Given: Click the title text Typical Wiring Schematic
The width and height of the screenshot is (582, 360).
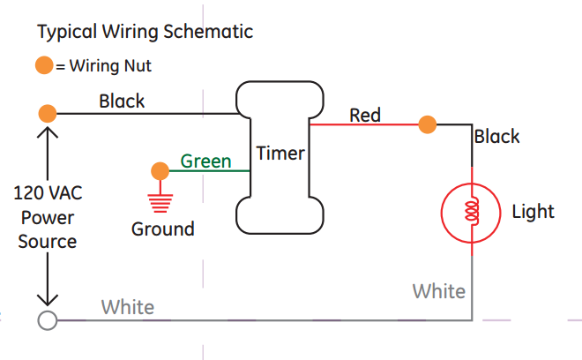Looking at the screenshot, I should pos(145,33).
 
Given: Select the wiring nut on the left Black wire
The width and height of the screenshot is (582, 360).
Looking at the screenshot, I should pos(48,113).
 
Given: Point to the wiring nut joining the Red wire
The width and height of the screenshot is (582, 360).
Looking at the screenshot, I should pos(428,124).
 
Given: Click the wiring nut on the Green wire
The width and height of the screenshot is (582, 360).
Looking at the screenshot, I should pos(160,170).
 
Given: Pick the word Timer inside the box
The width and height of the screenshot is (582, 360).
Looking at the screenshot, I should pos(280,154).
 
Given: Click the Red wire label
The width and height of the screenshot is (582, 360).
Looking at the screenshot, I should pos(365,115).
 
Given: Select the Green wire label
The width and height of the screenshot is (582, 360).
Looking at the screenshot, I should pos(205,161).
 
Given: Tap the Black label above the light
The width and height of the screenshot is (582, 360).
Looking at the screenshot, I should pos(496,137).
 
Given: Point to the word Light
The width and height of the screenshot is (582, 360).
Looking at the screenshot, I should pos(533,212).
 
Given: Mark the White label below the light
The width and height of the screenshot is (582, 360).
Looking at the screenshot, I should pos(438,290).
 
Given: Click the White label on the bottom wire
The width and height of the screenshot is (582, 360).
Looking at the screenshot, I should pos(127,307).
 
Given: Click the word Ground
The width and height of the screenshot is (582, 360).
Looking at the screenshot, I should pos(162,229).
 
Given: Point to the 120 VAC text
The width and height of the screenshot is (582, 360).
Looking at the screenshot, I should pos(48,193).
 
